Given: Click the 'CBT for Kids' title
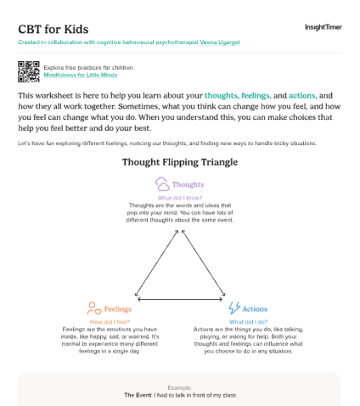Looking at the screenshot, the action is (49, 28).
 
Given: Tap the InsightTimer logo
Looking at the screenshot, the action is (323, 27).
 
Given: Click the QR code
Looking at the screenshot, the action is (29, 70).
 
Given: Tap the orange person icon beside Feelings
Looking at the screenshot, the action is (92, 308).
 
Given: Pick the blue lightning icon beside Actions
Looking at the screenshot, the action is (233, 308).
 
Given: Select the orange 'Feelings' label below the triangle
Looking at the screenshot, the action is (117, 309).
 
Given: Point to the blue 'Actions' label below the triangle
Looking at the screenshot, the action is (256, 309).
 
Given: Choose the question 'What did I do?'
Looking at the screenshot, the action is (249, 322).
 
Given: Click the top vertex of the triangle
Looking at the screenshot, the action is (180, 234).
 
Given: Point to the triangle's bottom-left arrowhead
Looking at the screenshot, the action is (138, 299).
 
